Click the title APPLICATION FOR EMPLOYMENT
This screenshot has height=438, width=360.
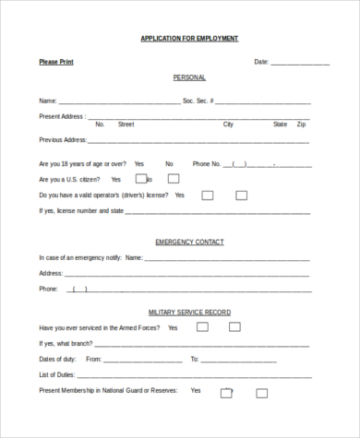[x=189, y=38]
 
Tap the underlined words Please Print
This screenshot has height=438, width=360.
[x=56, y=62]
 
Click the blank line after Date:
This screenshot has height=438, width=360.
[x=300, y=63]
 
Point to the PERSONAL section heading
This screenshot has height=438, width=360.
[x=189, y=77]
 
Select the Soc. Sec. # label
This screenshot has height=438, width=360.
[x=199, y=100]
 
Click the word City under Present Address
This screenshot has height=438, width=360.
[x=228, y=124]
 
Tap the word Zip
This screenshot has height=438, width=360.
[x=301, y=124]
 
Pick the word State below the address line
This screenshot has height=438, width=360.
[x=280, y=124]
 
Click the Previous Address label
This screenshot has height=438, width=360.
[x=62, y=140]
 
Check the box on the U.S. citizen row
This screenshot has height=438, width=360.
[x=141, y=178]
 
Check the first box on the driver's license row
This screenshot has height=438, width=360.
[x=208, y=195]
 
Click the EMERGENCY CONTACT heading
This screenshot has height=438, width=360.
[x=189, y=242]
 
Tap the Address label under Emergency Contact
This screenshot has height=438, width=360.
[x=51, y=273]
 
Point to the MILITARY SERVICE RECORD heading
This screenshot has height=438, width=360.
[x=189, y=313]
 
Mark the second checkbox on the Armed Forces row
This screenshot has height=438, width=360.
[x=234, y=326]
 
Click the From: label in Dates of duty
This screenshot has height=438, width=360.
[x=93, y=358]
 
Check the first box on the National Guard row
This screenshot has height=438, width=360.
[x=227, y=392]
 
